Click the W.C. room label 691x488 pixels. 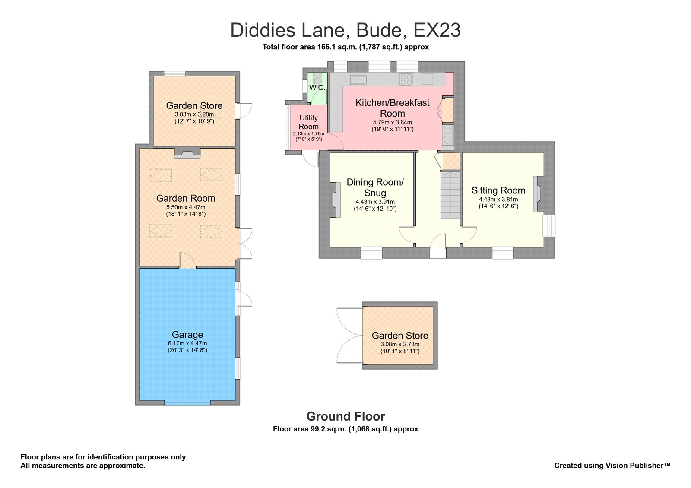pyautogui.click(x=317, y=88)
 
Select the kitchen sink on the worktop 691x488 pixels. pyautogui.click(x=358, y=79)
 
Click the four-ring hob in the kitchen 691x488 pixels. pyautogui.click(x=406, y=79)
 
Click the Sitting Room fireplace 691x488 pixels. pyautogui.click(x=537, y=193)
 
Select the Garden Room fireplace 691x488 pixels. pyautogui.click(x=187, y=153)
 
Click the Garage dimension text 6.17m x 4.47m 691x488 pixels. pyautogui.click(x=187, y=343)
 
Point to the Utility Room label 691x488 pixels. pyautogui.click(x=308, y=122)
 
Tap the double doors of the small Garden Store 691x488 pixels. pyautogui.click(x=350, y=336)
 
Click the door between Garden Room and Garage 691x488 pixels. pyautogui.click(x=187, y=261)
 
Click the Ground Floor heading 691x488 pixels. pyautogui.click(x=345, y=416)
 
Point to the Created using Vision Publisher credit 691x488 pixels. pyautogui.click(x=612, y=466)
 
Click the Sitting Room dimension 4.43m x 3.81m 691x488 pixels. pyautogui.click(x=498, y=200)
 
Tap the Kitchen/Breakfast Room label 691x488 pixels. pyautogui.click(x=392, y=108)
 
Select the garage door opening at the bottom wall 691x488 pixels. pyautogui.click(x=187, y=403)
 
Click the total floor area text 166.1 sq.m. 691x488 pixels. pyautogui.click(x=345, y=47)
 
